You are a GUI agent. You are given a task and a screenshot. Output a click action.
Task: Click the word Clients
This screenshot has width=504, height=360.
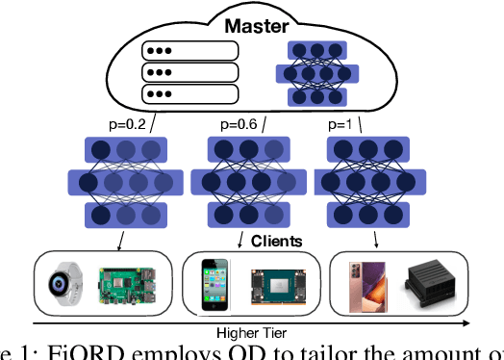276,243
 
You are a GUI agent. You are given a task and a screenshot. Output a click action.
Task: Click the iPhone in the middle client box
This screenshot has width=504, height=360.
214,285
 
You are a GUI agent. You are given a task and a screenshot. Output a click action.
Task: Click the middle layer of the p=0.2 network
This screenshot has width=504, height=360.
125,182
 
